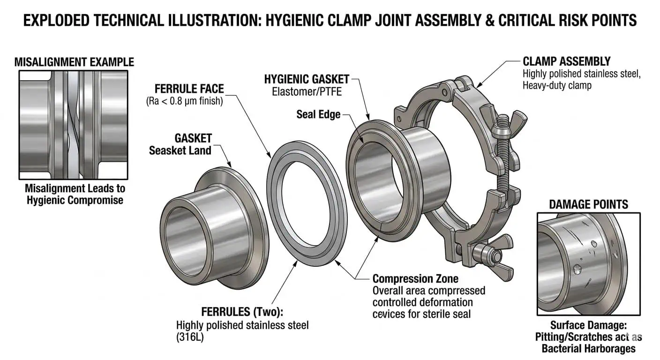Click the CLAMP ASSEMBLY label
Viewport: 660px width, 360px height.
566,61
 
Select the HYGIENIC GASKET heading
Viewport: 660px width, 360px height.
307,79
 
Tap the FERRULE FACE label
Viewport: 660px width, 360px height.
189,88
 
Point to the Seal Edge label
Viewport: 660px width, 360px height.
318,114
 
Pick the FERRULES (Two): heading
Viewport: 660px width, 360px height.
242,312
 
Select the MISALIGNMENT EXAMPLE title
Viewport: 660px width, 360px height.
74,62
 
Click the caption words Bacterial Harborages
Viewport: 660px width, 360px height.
588,348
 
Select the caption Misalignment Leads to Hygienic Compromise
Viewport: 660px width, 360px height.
75,195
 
